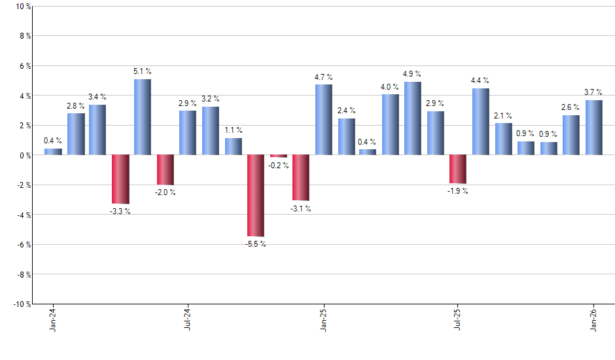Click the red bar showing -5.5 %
[x=255, y=195]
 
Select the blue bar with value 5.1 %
[x=143, y=117]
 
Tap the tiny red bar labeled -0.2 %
[x=278, y=156]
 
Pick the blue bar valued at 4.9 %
[x=413, y=118]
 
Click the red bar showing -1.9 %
[x=458, y=169]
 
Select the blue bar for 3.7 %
[x=593, y=128]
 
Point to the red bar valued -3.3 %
[x=120, y=179]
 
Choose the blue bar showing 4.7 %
[x=323, y=120]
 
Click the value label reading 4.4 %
[x=480, y=81]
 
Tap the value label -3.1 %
[x=300, y=209]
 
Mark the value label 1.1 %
[x=233, y=130]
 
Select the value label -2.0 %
[x=166, y=192]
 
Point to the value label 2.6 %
[x=571, y=107]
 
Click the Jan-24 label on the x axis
[x=53, y=320]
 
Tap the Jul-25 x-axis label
[x=458, y=320]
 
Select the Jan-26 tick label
[x=593, y=320]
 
